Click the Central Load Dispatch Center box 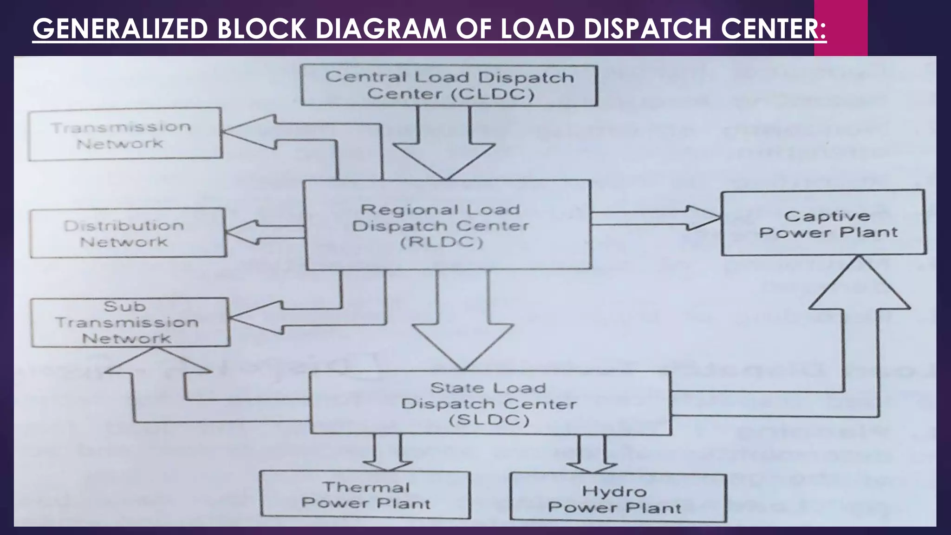(x=449, y=85)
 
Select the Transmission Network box (x=124, y=134)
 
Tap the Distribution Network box (x=128, y=233)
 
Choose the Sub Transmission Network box (x=130, y=322)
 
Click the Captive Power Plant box (x=823, y=223)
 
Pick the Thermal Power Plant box (x=365, y=495)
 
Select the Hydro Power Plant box (x=618, y=498)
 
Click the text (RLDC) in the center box (x=441, y=242)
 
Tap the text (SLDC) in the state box (x=489, y=420)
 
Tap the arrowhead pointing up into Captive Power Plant (x=859, y=286)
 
